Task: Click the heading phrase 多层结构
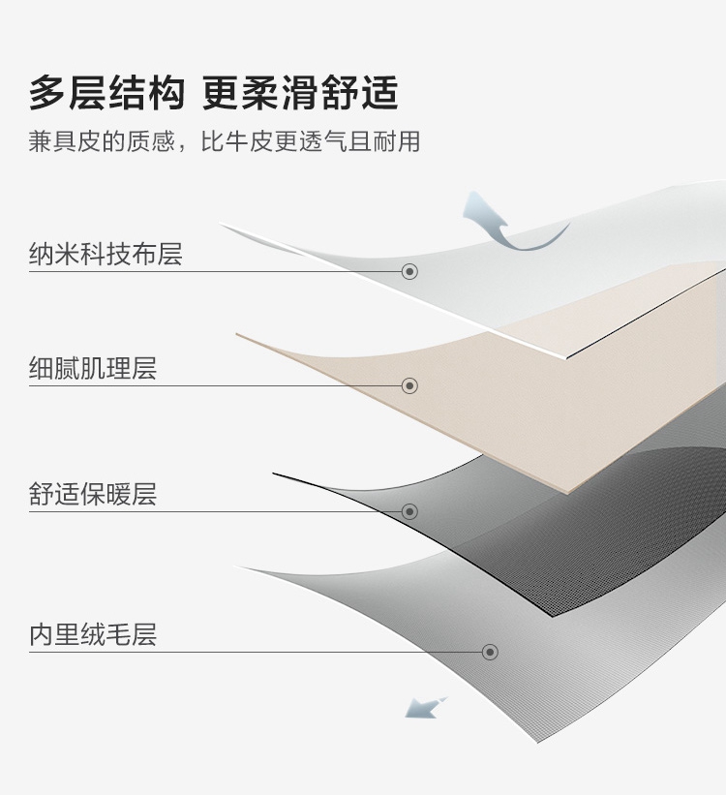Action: (106, 94)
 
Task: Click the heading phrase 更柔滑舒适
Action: (301, 94)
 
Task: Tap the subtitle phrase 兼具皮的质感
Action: (102, 141)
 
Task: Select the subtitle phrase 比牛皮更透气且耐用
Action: (311, 141)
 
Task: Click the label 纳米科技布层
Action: (106, 255)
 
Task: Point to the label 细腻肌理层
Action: (93, 369)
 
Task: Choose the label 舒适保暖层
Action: (93, 495)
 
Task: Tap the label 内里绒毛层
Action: (93, 635)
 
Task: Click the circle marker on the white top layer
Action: (409, 271)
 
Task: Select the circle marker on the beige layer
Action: (409, 385)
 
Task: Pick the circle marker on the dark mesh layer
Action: (409, 511)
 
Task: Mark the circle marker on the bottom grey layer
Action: (490, 652)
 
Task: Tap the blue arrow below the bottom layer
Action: (424, 707)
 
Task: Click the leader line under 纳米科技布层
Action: (213, 271)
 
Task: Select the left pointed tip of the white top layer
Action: (223, 226)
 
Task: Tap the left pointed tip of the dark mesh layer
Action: (276, 474)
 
